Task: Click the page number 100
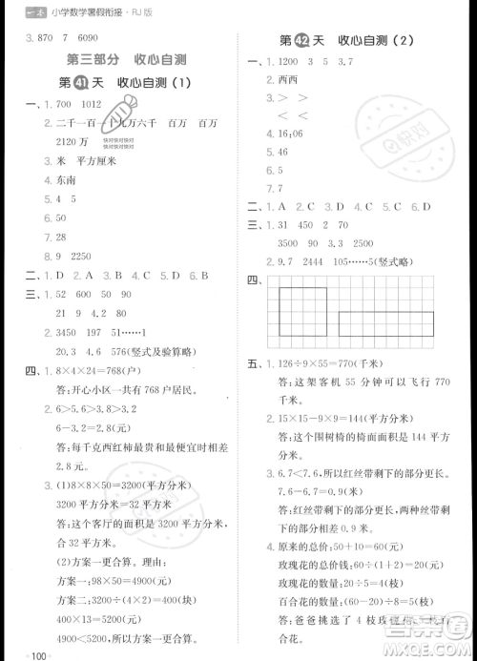pyautogui.click(x=39, y=655)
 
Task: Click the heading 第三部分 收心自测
pyautogui.click(x=118, y=60)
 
